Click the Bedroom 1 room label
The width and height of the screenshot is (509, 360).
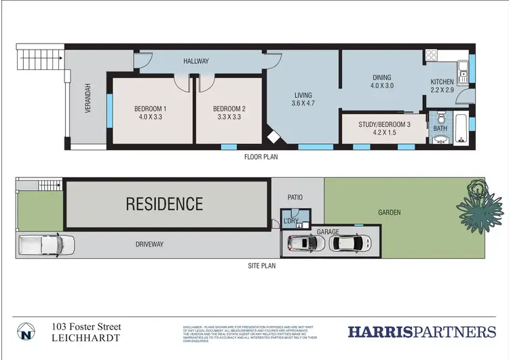pos(151,113)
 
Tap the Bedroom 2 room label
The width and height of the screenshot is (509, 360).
pos(229,113)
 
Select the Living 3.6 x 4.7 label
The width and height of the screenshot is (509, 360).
pos(304,99)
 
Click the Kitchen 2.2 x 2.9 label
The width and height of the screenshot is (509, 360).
pos(446,86)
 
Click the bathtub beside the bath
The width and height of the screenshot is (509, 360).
pos(461,130)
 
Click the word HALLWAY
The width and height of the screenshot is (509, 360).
pos(196,61)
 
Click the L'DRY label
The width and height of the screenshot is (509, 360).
pos(291,221)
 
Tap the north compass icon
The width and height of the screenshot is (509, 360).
pos(26,332)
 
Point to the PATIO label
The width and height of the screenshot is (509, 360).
pos(295,198)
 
